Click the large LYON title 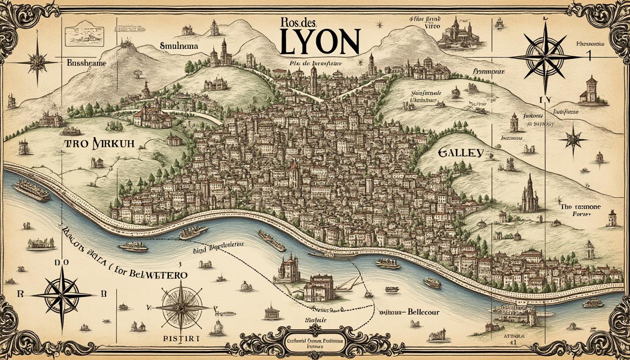(320, 42)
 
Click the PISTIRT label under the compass (182, 338)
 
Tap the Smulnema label (179, 47)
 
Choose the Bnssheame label (86, 62)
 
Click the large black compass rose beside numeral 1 (545, 56)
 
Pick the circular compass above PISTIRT (182, 307)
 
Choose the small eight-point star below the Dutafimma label (573, 139)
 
